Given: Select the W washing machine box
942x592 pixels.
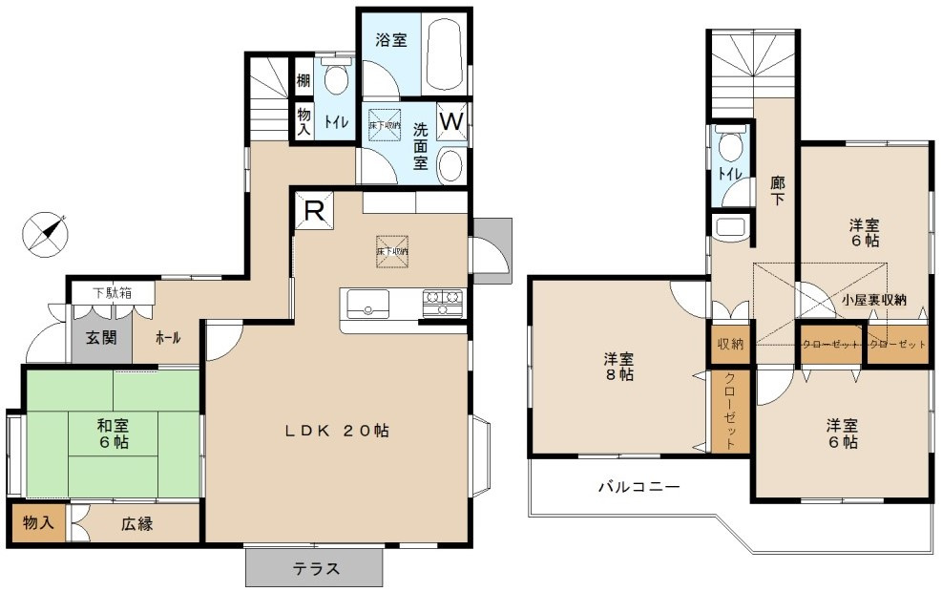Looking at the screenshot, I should point(451,121).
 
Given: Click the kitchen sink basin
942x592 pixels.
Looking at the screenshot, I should point(364,306).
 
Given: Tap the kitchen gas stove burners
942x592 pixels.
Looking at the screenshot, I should point(443,303).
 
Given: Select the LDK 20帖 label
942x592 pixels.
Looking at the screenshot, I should point(337,431).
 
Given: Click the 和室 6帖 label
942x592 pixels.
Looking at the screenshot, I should point(113,433).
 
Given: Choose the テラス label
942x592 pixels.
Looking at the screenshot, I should point(316,569).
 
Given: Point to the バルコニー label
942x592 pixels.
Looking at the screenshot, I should point(638,487).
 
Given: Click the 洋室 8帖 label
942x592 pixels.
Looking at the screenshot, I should point(618,367).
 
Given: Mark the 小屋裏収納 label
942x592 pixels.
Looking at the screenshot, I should point(872,299).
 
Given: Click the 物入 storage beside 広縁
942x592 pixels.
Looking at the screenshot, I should point(37,523).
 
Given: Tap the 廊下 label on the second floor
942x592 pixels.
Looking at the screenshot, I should point(777,191).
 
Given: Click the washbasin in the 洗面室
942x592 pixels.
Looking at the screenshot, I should point(450,165).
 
